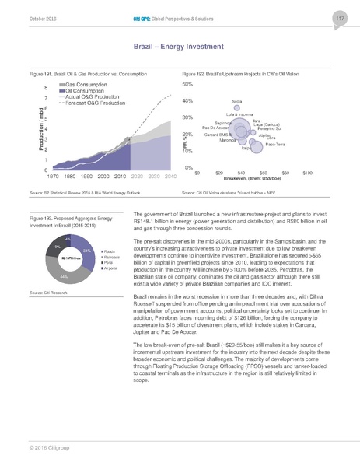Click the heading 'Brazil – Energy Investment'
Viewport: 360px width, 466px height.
[180, 48]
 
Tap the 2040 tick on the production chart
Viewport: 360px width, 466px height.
[169, 177]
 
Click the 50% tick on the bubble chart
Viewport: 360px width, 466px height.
[187, 84]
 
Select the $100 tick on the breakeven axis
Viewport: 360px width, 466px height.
[307, 172]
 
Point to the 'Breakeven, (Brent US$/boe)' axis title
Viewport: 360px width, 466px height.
[252, 178]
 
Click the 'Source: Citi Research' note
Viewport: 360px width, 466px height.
[45, 290]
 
